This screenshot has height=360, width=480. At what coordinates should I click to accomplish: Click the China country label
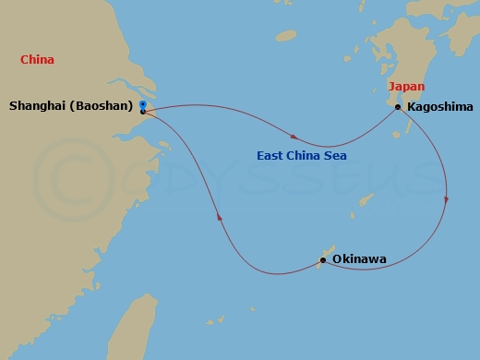(37, 60)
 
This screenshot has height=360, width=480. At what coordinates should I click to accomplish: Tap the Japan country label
(406, 86)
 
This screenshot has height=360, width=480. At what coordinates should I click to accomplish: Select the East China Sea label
(302, 156)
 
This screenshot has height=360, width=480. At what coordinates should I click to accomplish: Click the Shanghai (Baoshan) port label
(70, 106)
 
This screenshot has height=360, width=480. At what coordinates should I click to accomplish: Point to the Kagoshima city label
(438, 107)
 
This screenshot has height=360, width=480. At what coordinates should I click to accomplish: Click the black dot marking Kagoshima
(398, 107)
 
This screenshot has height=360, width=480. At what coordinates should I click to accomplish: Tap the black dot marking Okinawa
(321, 260)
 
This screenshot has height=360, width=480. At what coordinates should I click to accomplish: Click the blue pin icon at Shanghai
(142, 105)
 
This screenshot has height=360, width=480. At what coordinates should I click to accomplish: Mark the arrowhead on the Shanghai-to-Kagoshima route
(294, 138)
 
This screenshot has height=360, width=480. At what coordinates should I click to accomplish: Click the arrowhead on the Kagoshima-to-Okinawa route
(447, 198)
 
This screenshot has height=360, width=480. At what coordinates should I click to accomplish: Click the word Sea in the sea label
(334, 156)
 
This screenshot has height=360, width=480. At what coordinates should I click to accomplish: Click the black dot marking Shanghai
(143, 113)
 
